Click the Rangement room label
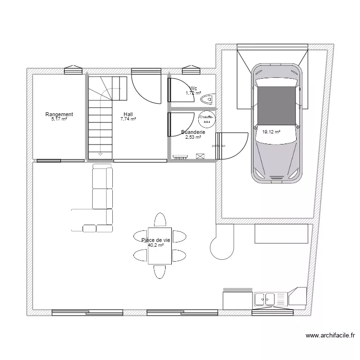click(x=59, y=114)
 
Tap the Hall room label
click(x=128, y=114)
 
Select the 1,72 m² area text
click(x=193, y=93)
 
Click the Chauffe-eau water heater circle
click(x=207, y=119)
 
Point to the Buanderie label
click(x=193, y=132)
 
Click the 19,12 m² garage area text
click(x=271, y=131)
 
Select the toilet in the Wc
click(x=208, y=99)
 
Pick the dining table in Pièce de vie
click(x=159, y=245)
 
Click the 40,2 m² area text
click(x=156, y=245)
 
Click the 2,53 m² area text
click(x=193, y=137)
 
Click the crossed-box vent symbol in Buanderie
click(x=200, y=156)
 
